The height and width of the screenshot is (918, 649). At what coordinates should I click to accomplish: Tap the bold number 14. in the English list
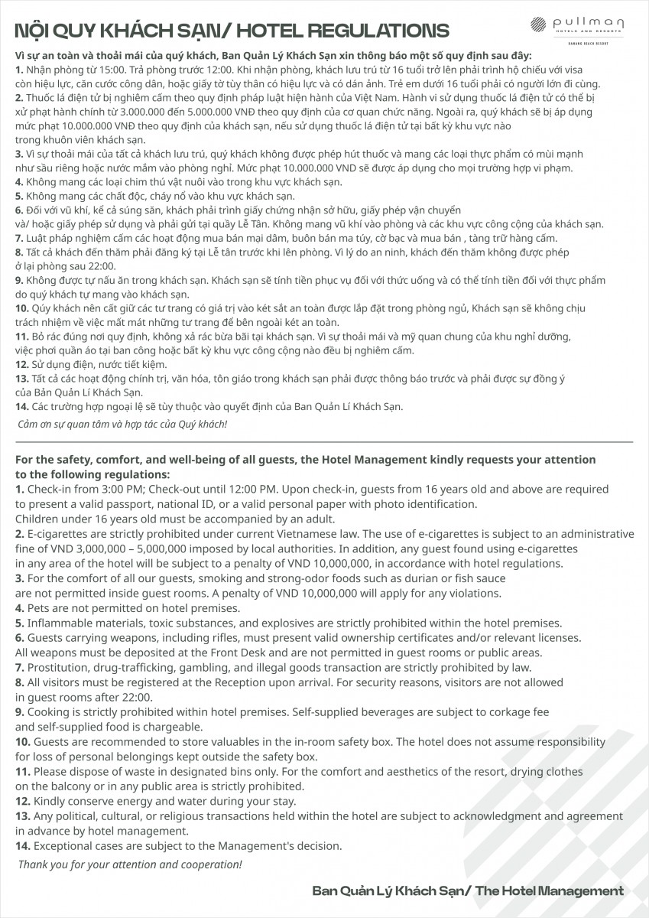pos(23,846)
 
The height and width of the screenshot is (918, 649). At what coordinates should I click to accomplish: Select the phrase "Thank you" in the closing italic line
pos(43,864)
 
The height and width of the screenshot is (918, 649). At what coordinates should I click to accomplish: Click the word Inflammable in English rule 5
pos(63,623)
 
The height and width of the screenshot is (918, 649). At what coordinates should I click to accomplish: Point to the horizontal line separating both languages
pos(324,442)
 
